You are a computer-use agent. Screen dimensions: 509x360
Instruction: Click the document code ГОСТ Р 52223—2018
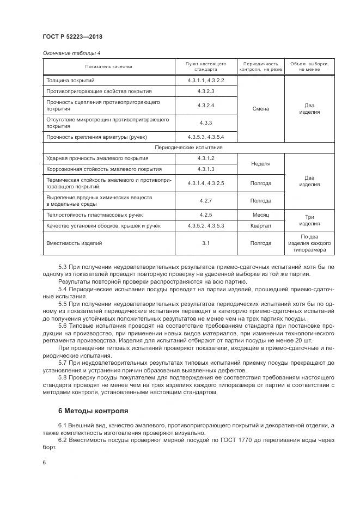[x=72, y=37]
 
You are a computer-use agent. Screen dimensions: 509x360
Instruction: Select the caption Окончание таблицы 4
[x=71, y=53]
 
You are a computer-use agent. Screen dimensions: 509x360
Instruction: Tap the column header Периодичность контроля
[x=260, y=66]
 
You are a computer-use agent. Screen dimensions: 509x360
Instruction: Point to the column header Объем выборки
[x=309, y=66]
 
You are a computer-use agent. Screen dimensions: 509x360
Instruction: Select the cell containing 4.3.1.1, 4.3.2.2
[x=205, y=80]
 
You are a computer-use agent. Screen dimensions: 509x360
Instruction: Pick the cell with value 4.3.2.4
[x=205, y=105]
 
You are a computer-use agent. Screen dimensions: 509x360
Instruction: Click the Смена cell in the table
[x=260, y=108]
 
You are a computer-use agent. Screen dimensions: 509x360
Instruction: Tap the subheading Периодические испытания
[x=188, y=148]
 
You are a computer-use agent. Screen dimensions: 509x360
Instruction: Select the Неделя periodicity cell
[x=260, y=163]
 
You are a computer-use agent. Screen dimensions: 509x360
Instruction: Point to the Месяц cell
[x=260, y=214]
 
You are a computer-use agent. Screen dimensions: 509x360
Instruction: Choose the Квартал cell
[x=260, y=225]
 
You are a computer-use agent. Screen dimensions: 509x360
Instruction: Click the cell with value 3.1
[x=205, y=243]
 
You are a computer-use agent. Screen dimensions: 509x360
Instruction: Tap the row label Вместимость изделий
[x=74, y=243]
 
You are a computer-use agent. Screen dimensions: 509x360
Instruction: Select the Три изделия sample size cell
[x=309, y=220]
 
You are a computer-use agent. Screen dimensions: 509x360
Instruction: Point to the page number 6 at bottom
[x=44, y=462]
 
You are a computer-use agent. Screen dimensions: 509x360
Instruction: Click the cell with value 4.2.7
[x=205, y=200]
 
